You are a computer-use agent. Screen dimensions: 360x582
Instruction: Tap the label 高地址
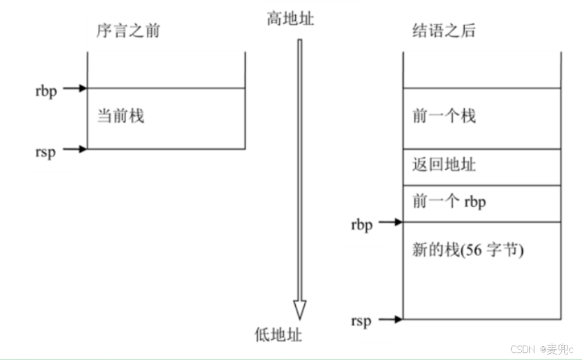pyautogui.click(x=290, y=19)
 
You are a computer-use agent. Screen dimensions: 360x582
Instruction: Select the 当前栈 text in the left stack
pyautogui.click(x=121, y=115)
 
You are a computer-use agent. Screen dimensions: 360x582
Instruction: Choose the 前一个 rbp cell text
pyautogui.click(x=448, y=203)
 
